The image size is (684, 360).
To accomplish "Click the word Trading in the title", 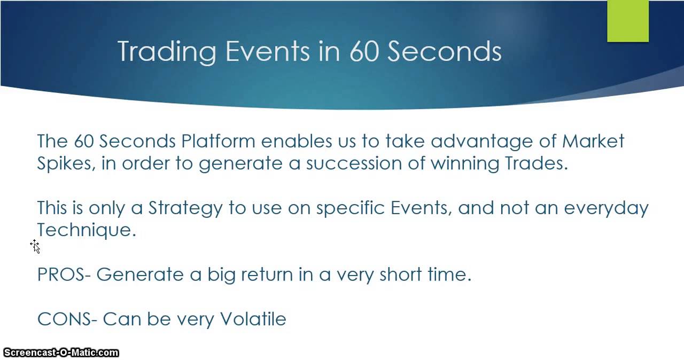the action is click(167, 52).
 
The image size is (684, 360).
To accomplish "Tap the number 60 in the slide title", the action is click(364, 51).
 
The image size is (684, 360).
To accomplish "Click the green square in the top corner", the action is click(628, 21).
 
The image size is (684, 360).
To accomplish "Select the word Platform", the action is click(218, 141).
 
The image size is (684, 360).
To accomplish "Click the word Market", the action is click(593, 141).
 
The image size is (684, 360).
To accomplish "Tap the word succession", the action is click(354, 163).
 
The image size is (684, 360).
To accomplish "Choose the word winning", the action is click(465, 164).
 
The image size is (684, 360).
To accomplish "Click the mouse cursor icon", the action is click(35, 247).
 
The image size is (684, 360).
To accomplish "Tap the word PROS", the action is click(61, 274).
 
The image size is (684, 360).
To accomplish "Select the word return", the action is click(267, 275).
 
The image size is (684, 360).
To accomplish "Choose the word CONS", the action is click(64, 319).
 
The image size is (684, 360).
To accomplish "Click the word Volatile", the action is click(253, 319).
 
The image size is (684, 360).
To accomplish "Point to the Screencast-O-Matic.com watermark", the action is click(61, 353).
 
